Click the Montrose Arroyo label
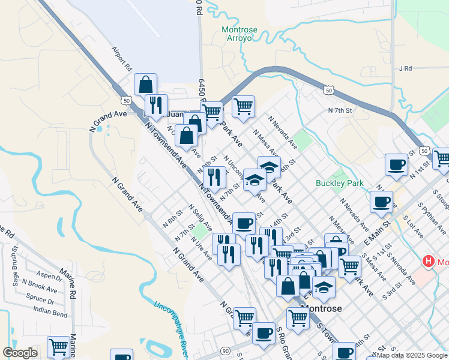pyautogui.click(x=240, y=34)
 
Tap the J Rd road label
pyautogui.click(x=406, y=68)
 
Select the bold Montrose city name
pyautogui.click(x=321, y=308)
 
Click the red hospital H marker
pyautogui.click(x=429, y=261)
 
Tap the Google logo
pyautogui.click(x=20, y=353)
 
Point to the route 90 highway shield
pyautogui.click(x=225, y=350)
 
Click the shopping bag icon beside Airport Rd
pyautogui.click(x=146, y=85)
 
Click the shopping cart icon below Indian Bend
pyautogui.click(x=58, y=346)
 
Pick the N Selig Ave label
pyautogui.click(x=200, y=217)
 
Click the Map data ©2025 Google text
pyautogui.click(x=412, y=355)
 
